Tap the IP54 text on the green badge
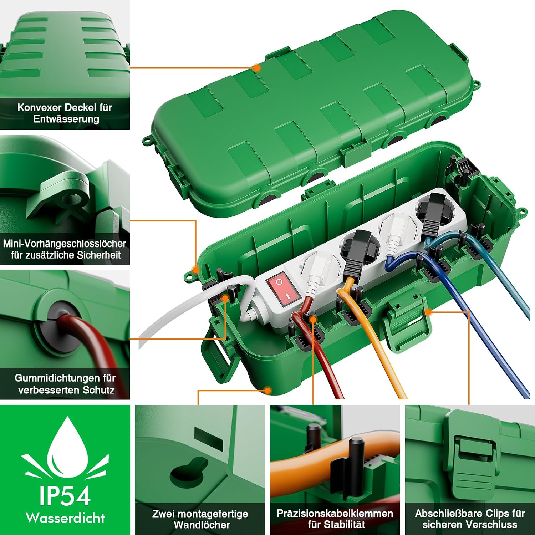tap(65, 496)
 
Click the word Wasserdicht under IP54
tap(65, 518)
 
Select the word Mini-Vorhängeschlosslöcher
tap(65, 244)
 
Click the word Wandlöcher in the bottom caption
tap(202, 525)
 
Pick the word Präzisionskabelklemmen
tap(335, 514)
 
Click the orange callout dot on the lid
tap(256, 67)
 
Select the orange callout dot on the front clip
tap(428, 312)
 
